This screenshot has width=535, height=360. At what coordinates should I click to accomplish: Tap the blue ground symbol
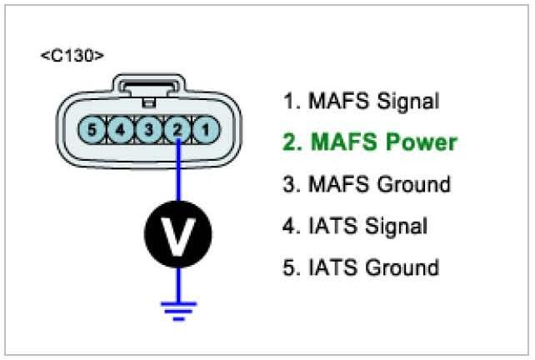tap(177, 310)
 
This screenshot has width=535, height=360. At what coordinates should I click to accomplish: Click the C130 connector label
tap(72, 57)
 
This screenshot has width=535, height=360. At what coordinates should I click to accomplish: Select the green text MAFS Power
tap(370, 142)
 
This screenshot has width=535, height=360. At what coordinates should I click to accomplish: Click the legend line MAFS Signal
tap(361, 102)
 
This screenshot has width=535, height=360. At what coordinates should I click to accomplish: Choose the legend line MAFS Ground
tap(367, 184)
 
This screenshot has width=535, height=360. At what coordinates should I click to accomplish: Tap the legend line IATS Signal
tap(355, 226)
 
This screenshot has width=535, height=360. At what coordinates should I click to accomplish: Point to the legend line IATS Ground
tap(361, 267)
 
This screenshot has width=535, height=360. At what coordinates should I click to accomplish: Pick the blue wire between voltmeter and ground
tap(177, 280)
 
